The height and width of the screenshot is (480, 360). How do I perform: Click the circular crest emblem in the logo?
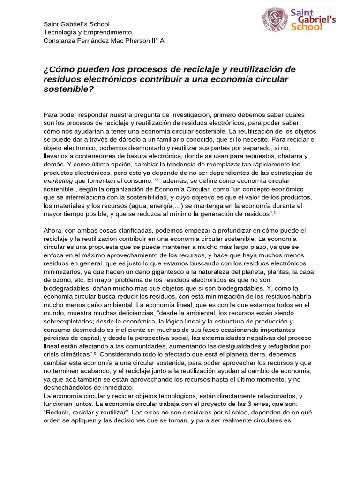[x=275, y=20]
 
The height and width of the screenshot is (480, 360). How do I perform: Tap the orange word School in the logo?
[x=307, y=27]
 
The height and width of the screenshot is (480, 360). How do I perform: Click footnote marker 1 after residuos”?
[x=276, y=213]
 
